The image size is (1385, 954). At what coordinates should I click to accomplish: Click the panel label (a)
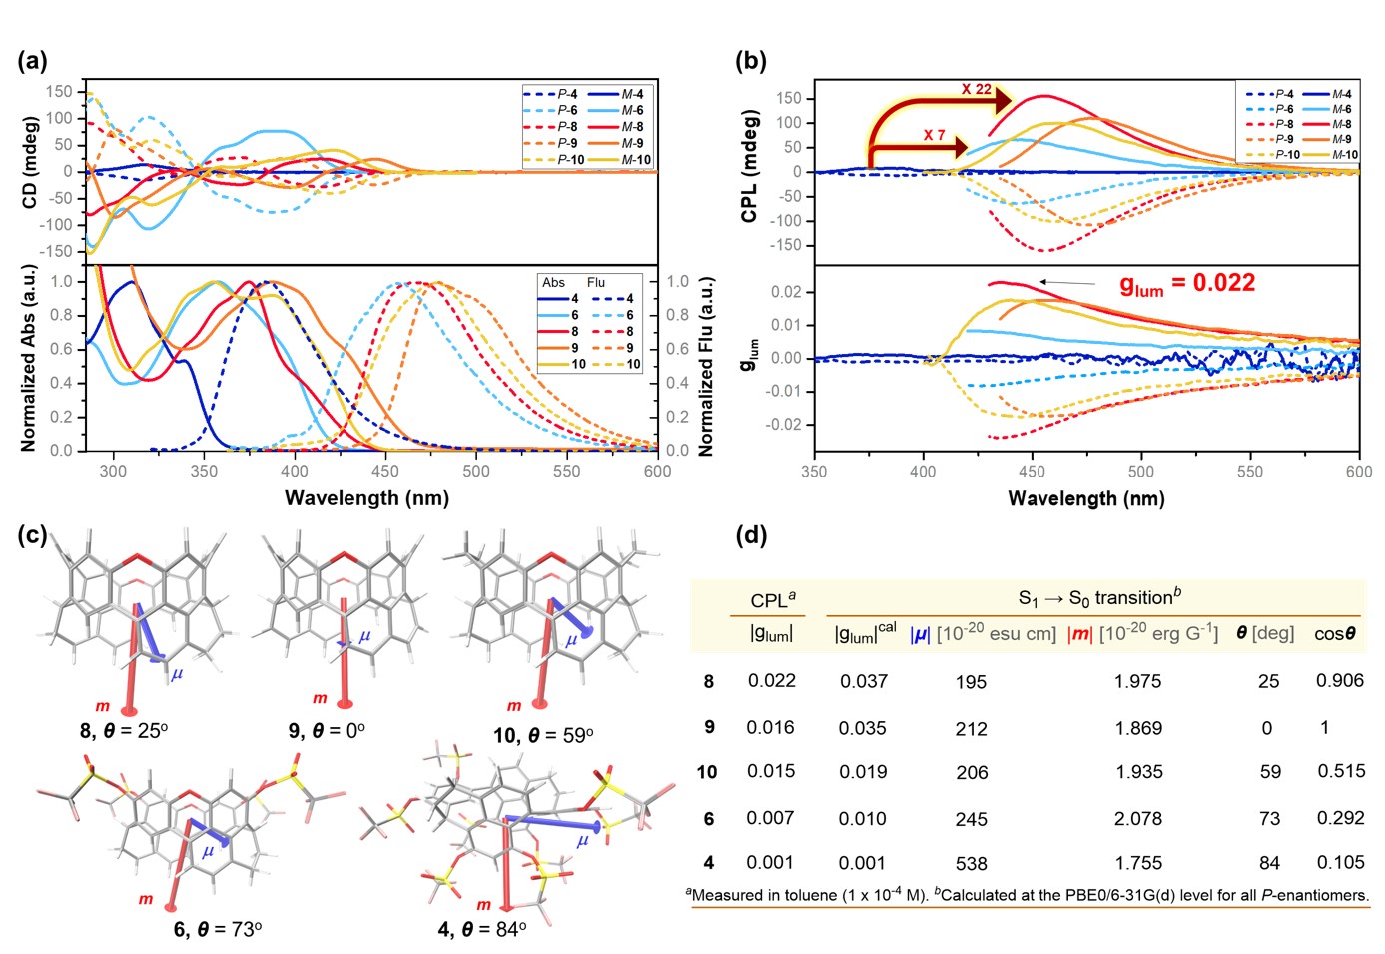[x=32, y=61]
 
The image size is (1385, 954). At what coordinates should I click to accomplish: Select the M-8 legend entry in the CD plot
[x=621, y=127]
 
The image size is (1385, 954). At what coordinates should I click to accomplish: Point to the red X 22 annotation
[x=976, y=89]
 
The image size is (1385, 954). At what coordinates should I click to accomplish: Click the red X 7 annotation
[x=934, y=135]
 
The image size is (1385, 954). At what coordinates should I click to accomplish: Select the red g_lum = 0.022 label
[x=1186, y=284]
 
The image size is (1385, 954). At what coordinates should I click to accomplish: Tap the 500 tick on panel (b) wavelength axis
[x=1140, y=472]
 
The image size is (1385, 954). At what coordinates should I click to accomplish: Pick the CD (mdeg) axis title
[x=30, y=163]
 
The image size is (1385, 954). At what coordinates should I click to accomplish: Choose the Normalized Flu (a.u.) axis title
[x=706, y=367]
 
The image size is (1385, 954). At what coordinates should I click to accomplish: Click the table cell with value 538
[x=971, y=864]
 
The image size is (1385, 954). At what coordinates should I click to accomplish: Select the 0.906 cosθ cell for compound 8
[x=1339, y=680]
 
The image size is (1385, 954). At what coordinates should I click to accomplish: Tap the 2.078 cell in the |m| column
[x=1138, y=819]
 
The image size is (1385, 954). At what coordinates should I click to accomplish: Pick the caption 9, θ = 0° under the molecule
[x=327, y=731]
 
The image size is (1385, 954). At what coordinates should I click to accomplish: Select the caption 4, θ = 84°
[x=482, y=930]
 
